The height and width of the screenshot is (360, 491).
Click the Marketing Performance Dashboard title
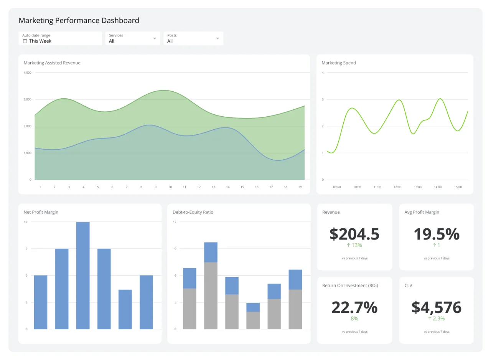(x=79, y=20)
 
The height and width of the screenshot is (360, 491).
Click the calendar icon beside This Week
(x=25, y=41)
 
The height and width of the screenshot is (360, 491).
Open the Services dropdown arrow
(x=155, y=38)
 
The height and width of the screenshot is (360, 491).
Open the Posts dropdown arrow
(x=217, y=38)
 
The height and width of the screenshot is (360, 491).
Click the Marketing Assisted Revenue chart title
(x=52, y=63)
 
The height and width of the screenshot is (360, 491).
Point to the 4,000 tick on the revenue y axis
(x=27, y=73)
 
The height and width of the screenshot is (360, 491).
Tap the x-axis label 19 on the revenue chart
(x=300, y=187)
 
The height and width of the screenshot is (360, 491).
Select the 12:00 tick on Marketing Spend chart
(x=397, y=187)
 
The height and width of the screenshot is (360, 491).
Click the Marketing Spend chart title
(x=338, y=63)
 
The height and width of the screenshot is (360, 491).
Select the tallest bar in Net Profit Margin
(x=83, y=275)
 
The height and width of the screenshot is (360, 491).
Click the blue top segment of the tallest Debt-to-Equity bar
(x=211, y=252)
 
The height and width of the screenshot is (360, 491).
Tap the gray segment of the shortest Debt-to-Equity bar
(x=253, y=320)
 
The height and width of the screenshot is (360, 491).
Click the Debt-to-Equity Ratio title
(x=193, y=212)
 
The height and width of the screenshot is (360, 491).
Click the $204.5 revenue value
(x=354, y=234)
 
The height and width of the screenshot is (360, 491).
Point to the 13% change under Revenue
(x=354, y=245)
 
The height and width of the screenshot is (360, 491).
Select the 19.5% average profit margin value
(x=436, y=234)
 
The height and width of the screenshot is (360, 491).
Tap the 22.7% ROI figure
(x=354, y=307)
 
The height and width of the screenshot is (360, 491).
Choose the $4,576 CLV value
(x=436, y=307)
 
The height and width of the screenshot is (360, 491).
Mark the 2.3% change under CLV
(x=436, y=319)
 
